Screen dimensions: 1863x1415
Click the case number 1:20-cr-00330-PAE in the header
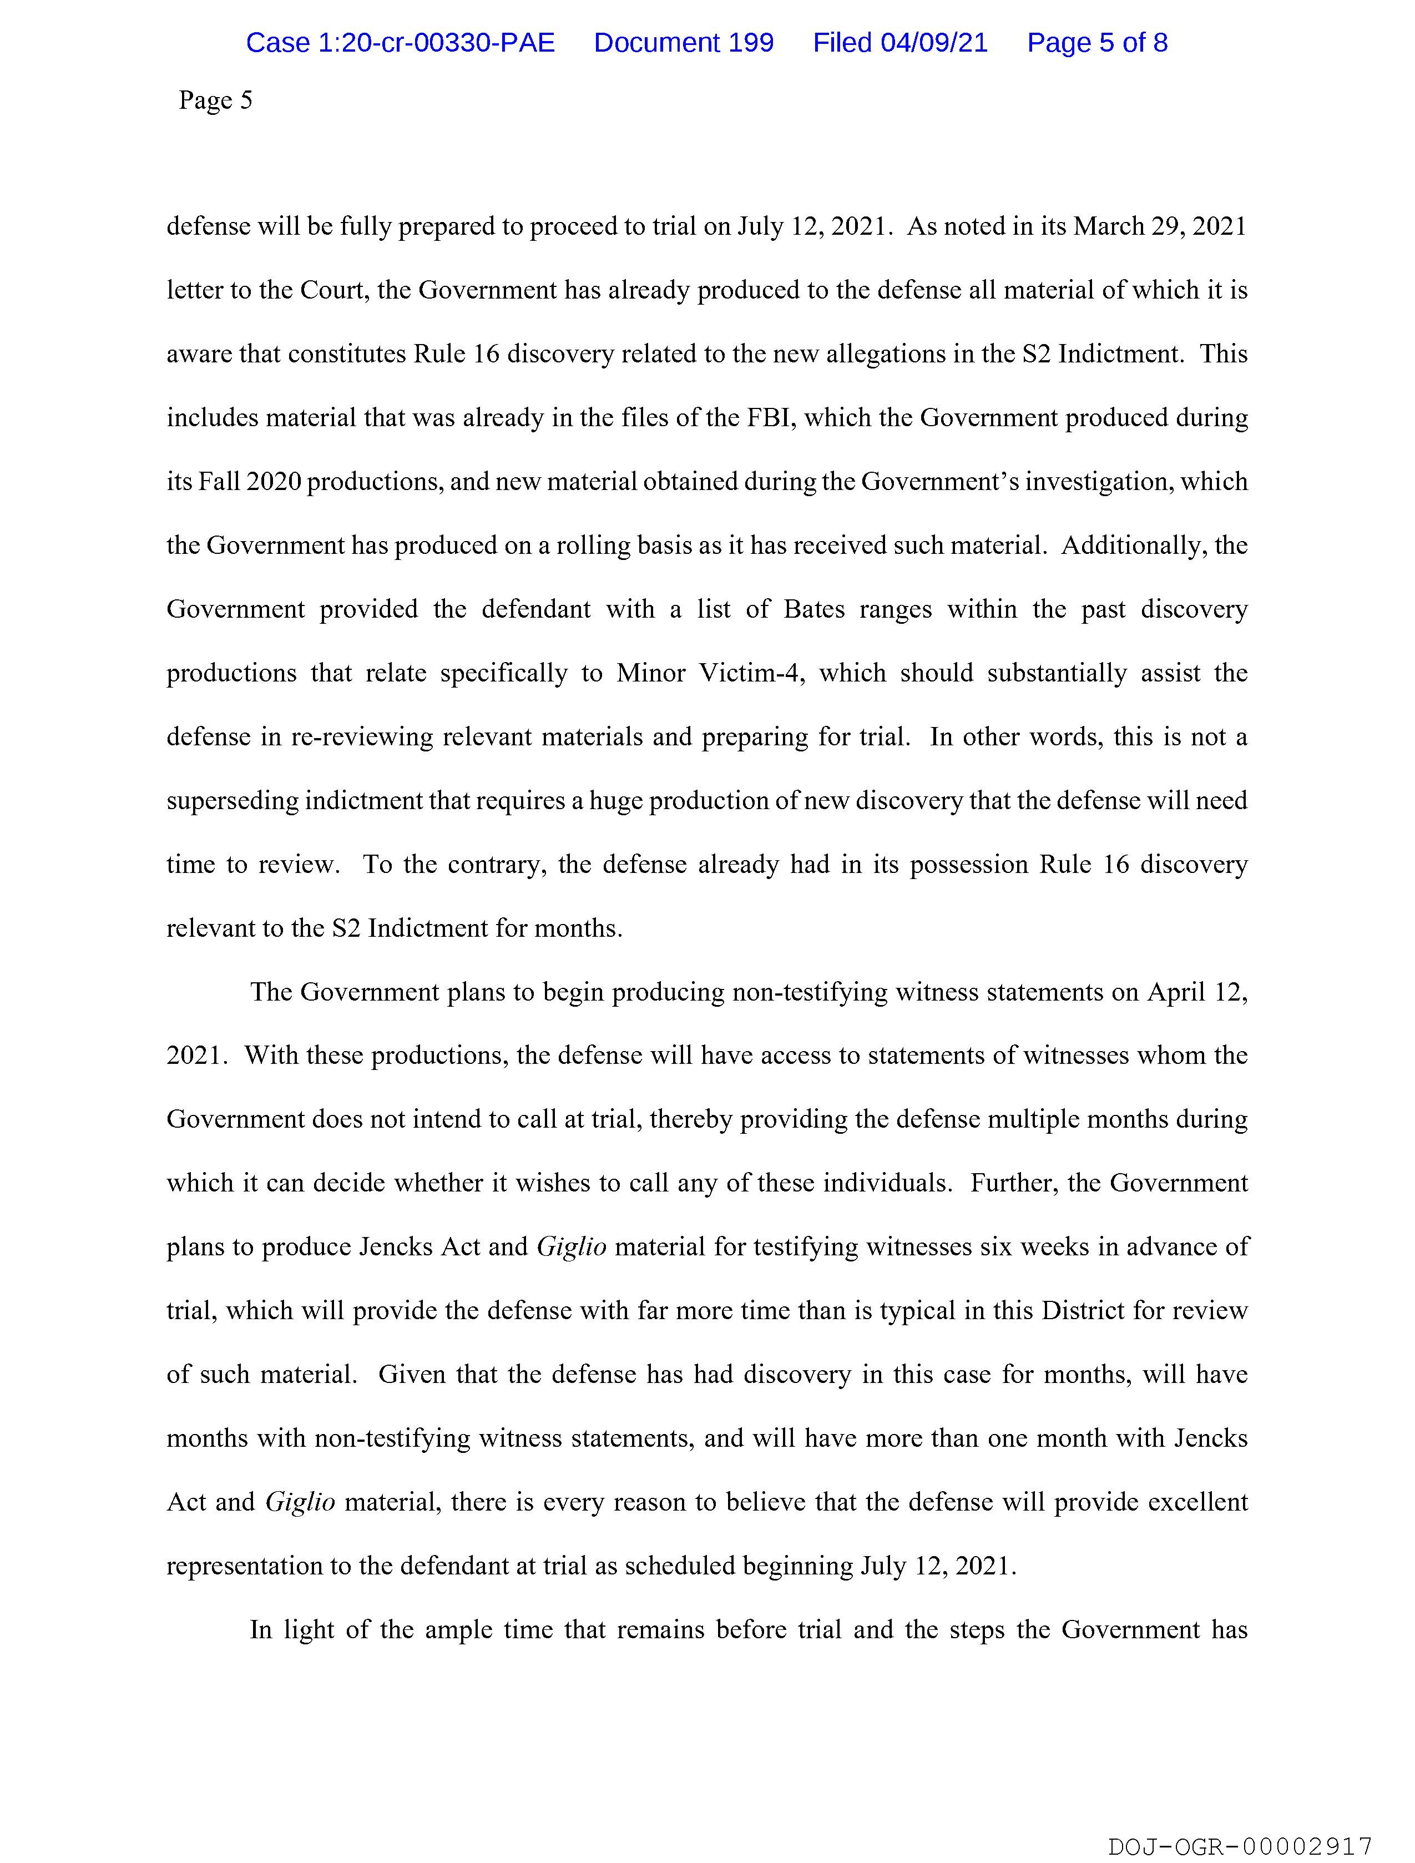[400, 43]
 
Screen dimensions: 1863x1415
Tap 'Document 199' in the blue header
[683, 43]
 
